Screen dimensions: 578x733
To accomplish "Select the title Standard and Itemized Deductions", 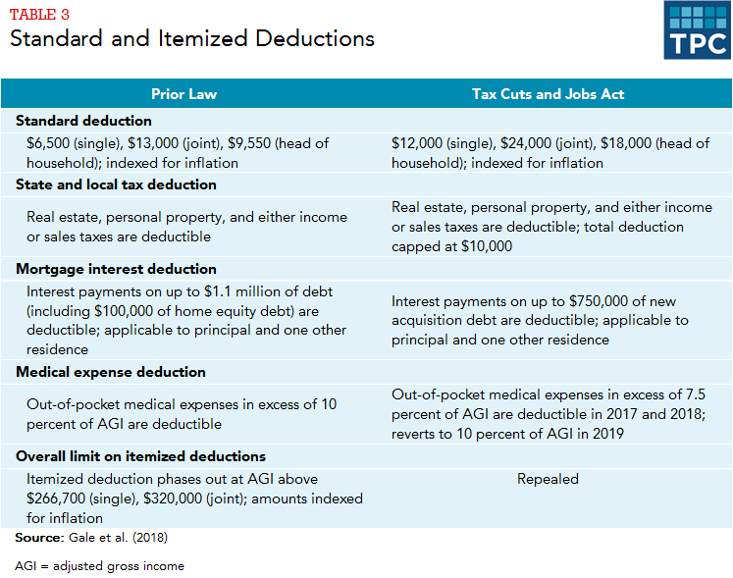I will pyautogui.click(x=192, y=39).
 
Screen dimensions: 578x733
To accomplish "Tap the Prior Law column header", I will pyautogui.click(x=183, y=94).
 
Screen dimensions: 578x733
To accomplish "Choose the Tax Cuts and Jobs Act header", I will pyautogui.click(x=548, y=94).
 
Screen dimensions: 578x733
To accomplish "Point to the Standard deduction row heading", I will pyautogui.click(x=83, y=121).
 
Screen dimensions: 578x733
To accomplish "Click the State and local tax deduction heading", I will pyautogui.click(x=116, y=184).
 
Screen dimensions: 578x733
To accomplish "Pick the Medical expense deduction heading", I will pyautogui.click(x=111, y=372).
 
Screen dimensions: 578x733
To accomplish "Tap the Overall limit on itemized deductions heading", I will pyautogui.click(x=140, y=456).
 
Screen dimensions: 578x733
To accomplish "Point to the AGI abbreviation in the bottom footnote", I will pyautogui.click(x=26, y=566).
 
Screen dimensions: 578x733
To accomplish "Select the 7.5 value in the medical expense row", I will pyautogui.click(x=693, y=394).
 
